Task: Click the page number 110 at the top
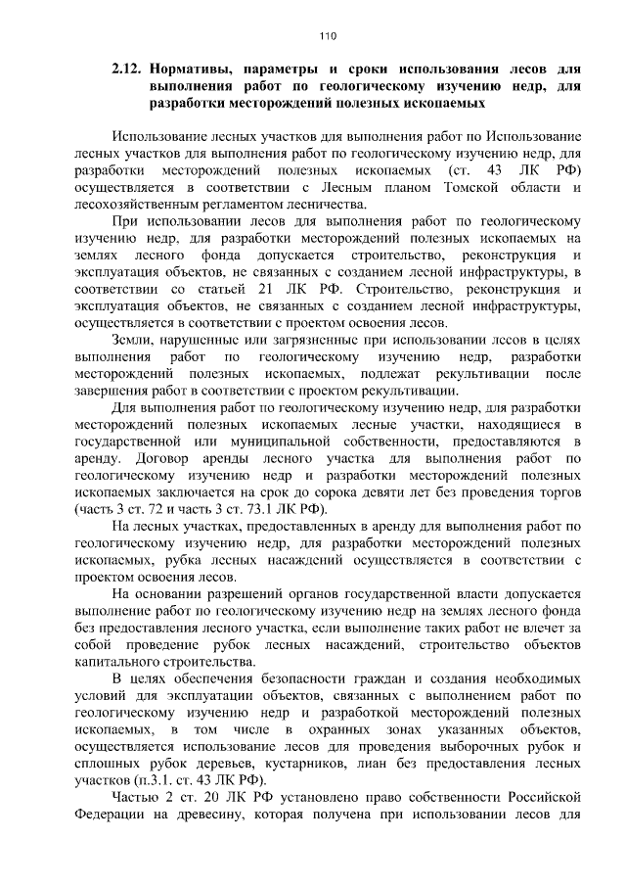click(328, 36)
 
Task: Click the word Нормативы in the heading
click(200, 71)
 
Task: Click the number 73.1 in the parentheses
click(253, 510)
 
